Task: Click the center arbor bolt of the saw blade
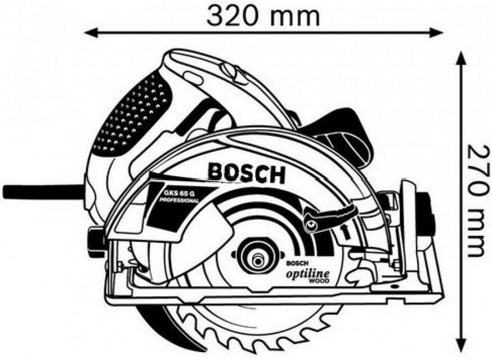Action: [x=258, y=260]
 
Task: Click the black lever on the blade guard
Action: [x=332, y=214]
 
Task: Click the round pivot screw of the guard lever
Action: [x=309, y=226]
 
